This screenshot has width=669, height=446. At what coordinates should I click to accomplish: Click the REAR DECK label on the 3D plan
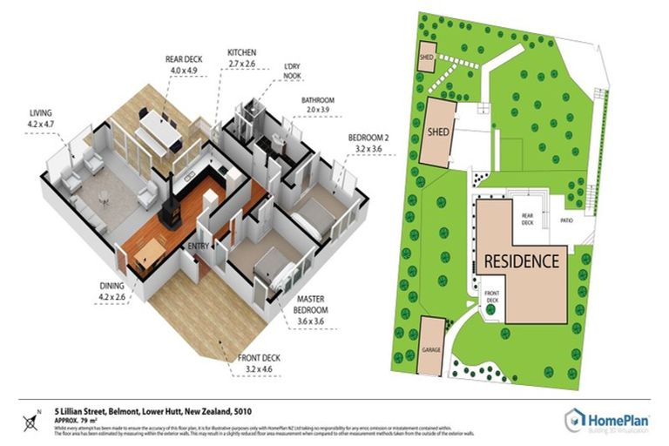click(184, 59)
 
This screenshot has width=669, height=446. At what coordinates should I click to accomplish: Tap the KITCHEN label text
click(241, 52)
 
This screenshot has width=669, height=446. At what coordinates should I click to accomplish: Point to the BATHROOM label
click(318, 100)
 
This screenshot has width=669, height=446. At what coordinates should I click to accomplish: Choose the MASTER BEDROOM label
click(310, 305)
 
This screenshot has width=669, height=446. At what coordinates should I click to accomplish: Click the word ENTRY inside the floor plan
click(199, 247)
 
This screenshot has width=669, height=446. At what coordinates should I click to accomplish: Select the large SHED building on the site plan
click(439, 132)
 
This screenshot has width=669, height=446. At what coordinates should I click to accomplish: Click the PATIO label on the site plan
click(566, 221)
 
